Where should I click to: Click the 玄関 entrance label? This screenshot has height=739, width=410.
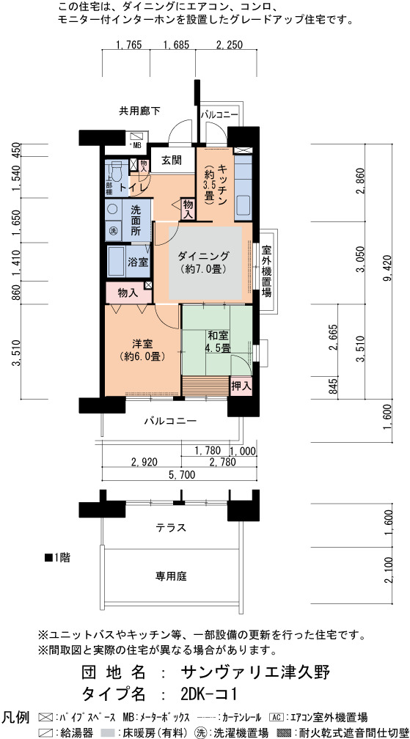172,159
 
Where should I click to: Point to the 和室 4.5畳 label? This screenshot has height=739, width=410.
218,341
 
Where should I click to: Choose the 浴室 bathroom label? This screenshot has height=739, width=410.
139,262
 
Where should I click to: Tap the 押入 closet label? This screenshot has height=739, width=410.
241,386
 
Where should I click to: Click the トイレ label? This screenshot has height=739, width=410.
133,188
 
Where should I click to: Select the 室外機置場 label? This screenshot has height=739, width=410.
266,270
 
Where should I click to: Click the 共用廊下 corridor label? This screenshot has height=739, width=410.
139,111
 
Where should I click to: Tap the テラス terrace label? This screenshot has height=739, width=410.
172,527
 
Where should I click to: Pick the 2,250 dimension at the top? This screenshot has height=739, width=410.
229,45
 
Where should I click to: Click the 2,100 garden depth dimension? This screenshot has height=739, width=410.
388,570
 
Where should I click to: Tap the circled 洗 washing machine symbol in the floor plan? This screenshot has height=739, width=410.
113,231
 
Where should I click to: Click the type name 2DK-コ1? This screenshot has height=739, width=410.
208,694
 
